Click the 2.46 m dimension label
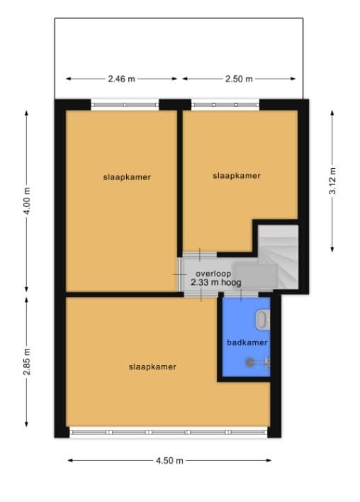point(122,79)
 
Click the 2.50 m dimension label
point(238,79)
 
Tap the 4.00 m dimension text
point(28,201)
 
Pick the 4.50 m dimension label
point(169,460)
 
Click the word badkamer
point(247,343)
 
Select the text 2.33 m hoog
point(216,282)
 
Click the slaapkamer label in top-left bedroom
point(126,177)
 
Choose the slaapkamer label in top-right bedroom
point(237,176)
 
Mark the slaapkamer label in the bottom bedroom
point(152,367)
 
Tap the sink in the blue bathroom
point(263,320)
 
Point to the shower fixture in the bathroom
point(257,362)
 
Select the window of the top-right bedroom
point(225,105)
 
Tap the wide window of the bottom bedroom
point(169,431)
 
